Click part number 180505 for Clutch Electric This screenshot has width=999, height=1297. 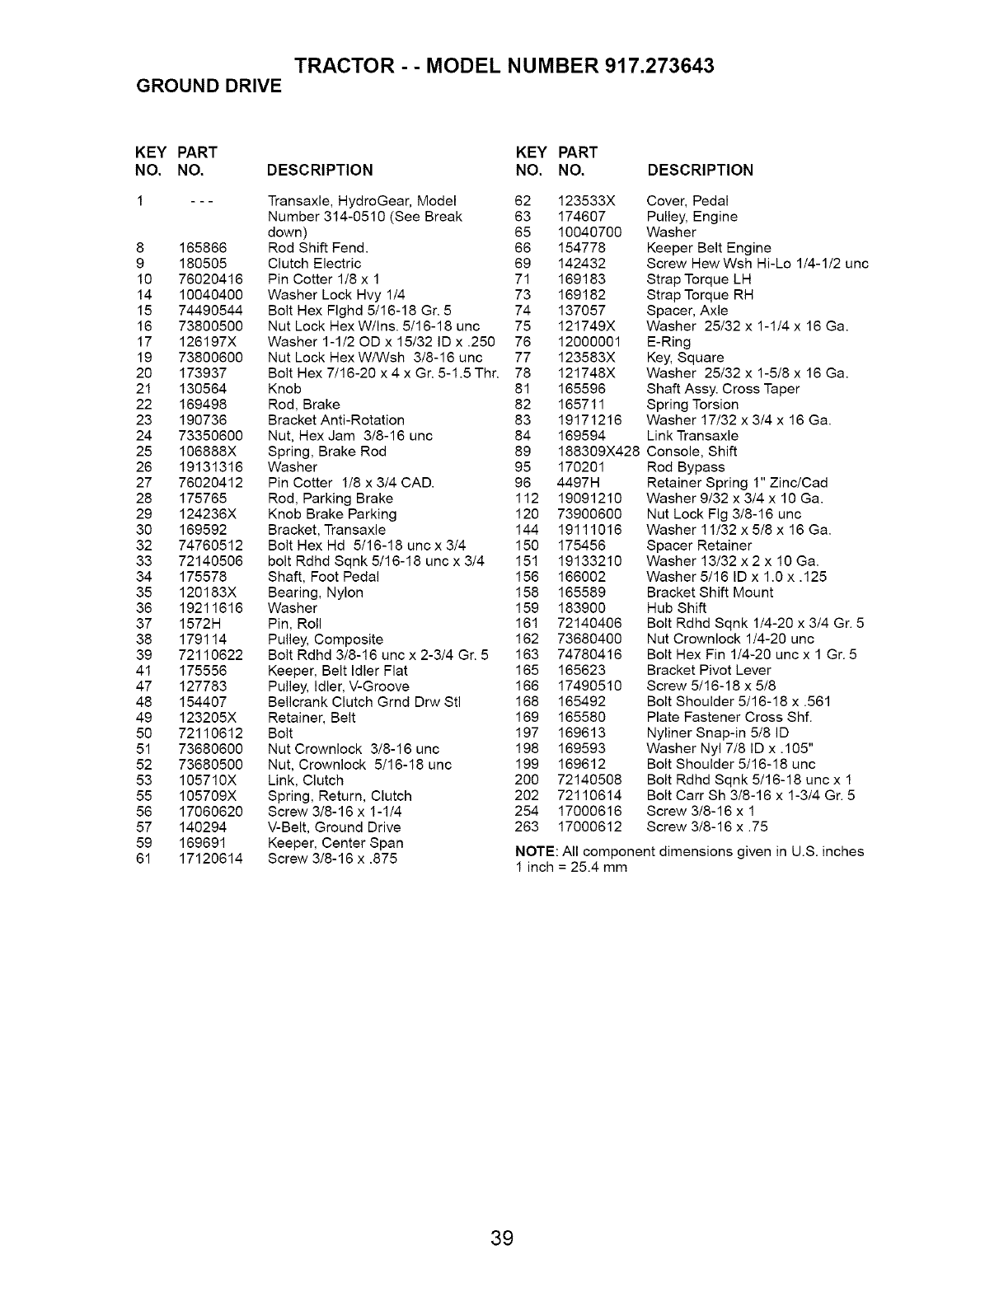click(203, 264)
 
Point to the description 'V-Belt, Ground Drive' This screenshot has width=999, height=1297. click(335, 827)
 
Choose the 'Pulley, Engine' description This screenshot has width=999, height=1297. click(692, 217)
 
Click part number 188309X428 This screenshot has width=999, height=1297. click(598, 452)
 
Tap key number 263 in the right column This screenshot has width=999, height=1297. click(526, 827)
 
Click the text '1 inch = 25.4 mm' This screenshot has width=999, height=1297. click(570, 868)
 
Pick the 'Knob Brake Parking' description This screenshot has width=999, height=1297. click(332, 514)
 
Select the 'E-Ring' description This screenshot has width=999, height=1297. click(668, 342)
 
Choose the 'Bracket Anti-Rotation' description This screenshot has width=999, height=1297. click(336, 420)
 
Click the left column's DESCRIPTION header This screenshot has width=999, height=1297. click(320, 171)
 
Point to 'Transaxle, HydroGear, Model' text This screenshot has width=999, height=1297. click(363, 201)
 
